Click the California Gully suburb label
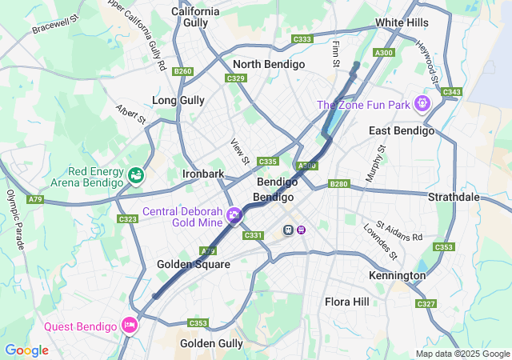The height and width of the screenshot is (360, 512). [196, 18]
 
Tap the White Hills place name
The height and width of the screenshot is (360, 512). [401, 23]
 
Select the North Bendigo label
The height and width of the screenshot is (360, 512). [268, 64]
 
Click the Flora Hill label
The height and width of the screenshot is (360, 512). [347, 302]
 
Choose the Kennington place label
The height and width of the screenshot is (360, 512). [398, 275]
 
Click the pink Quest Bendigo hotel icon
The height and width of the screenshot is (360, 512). [129, 325]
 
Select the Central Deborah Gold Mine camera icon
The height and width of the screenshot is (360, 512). [234, 214]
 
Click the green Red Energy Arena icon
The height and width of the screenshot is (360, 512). [137, 174]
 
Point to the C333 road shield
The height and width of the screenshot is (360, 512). [302, 39]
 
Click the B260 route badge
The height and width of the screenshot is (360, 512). [182, 71]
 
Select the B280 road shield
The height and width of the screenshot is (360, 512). [339, 184]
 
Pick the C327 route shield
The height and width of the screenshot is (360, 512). [426, 304]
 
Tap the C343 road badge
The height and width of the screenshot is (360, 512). [451, 92]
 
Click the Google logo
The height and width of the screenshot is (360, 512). [26, 350]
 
